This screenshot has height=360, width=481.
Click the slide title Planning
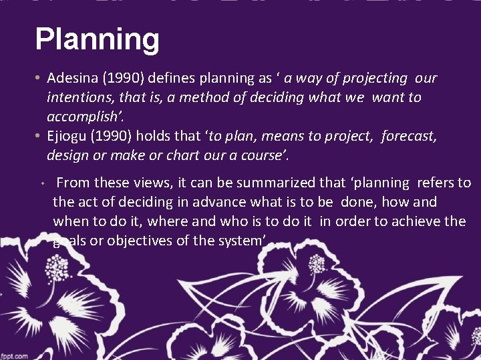97,40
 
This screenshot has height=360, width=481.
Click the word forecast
409,137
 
